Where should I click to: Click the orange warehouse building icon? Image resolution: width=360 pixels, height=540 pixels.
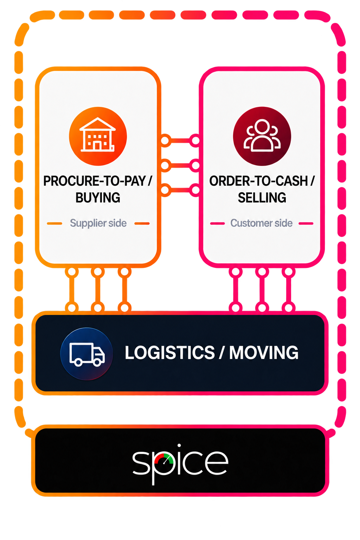(x=98, y=136)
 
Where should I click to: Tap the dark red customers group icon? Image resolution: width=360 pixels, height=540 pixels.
(x=262, y=136)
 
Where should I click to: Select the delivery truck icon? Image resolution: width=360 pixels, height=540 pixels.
(x=86, y=354)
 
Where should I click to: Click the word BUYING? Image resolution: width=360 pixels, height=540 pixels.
(x=98, y=198)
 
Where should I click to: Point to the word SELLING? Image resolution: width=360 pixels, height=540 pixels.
(x=262, y=198)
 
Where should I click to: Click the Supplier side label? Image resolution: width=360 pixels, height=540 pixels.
(x=98, y=223)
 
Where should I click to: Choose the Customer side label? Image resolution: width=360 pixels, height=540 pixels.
(x=262, y=223)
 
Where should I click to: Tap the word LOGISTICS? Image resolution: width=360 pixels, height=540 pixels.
(x=170, y=353)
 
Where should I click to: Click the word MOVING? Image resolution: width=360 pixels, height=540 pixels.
(x=264, y=353)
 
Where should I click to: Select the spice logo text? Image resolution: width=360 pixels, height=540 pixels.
(x=180, y=464)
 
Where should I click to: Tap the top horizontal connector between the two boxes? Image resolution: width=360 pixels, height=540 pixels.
(x=180, y=141)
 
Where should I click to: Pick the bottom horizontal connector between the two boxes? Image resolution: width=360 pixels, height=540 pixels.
(x=180, y=190)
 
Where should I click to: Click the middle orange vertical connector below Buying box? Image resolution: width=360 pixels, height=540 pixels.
(x=98, y=290)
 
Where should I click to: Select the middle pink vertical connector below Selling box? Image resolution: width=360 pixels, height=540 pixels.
(x=262, y=290)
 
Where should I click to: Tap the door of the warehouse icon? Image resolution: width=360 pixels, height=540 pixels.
(x=97, y=146)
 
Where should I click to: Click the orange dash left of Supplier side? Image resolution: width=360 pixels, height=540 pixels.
(x=54, y=224)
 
